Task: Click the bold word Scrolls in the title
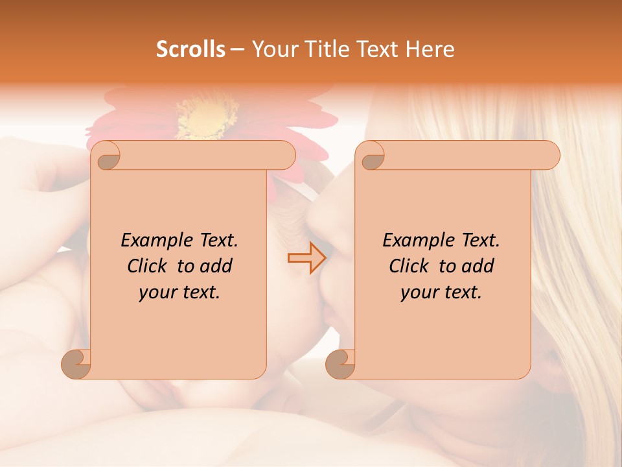tap(191, 49)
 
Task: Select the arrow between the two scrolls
tap(306, 258)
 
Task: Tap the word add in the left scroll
tap(216, 266)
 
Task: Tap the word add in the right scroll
tap(478, 266)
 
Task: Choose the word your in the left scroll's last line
tap(156, 293)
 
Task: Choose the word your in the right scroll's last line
tap(418, 293)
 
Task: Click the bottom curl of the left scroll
tap(76, 363)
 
